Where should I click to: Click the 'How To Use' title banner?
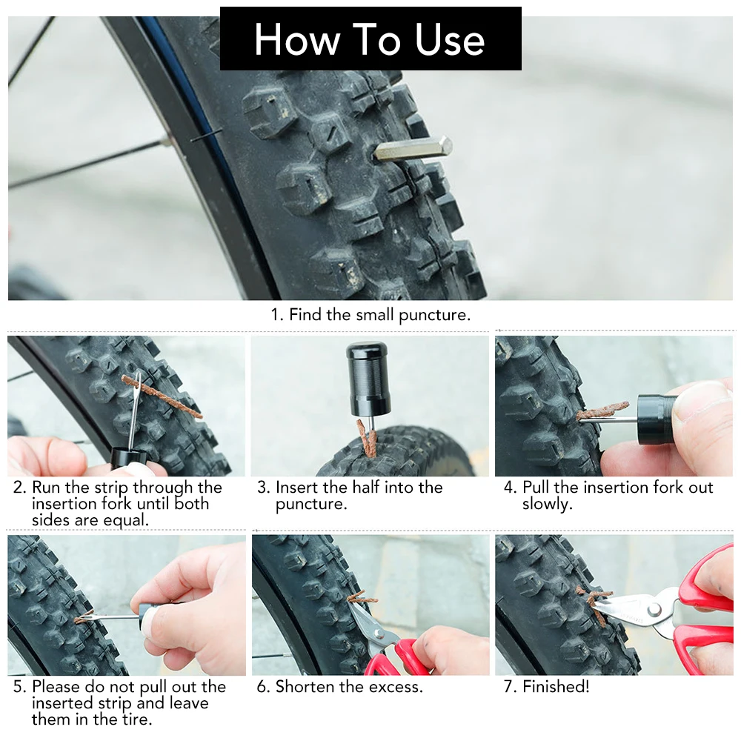pyautogui.click(x=370, y=39)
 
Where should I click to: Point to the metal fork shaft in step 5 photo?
pyautogui.click(x=111, y=616)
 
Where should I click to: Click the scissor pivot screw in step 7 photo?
pyautogui.click(x=654, y=609)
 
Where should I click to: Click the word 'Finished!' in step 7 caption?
pyautogui.click(x=556, y=687)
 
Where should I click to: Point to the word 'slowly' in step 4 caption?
pyautogui.click(x=546, y=504)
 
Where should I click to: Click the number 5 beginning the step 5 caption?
pyautogui.click(x=18, y=687)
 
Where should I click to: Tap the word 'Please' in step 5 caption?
pyautogui.click(x=56, y=687)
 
